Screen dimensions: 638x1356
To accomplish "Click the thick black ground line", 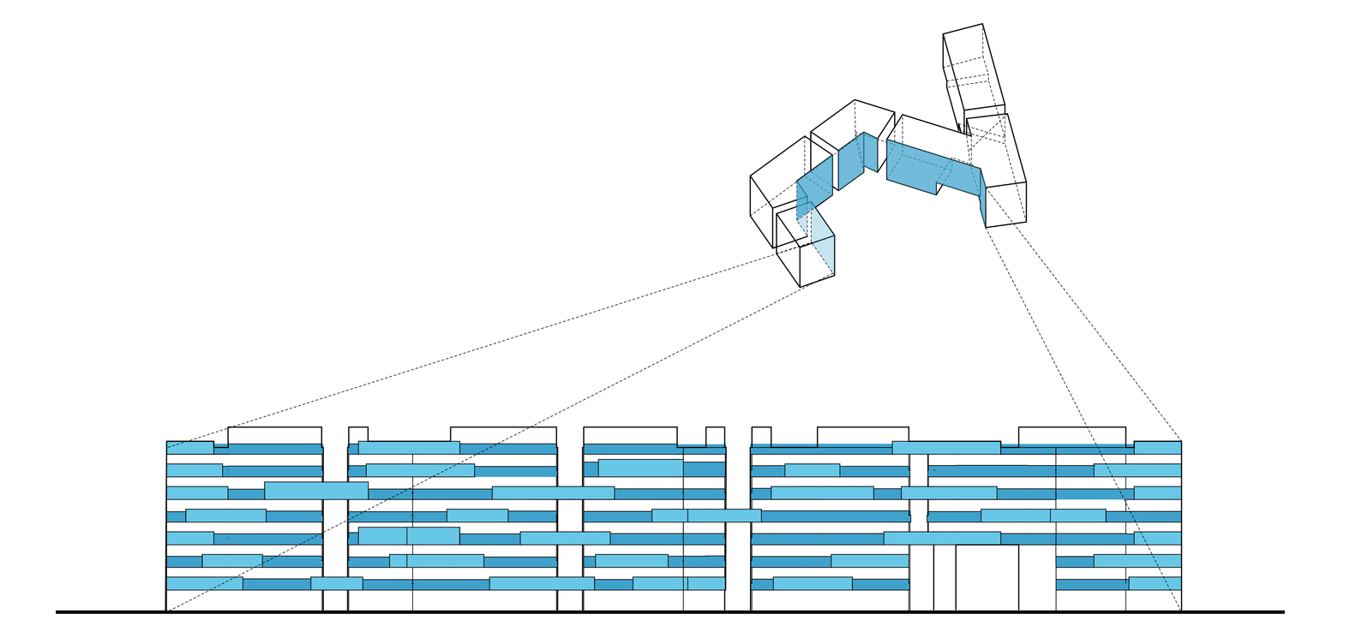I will tap(669, 612).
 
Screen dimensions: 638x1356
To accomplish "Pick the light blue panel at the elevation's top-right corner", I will tap(1157, 447).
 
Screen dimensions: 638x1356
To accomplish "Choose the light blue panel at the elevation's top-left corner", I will tap(189, 447).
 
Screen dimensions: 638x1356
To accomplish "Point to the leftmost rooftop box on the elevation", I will tap(274, 435).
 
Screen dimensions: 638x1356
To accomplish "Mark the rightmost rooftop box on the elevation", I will tap(1071, 435).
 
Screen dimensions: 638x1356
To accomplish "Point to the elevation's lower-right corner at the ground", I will tap(1181, 611).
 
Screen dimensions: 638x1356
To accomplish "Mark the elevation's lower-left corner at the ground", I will tap(166, 611).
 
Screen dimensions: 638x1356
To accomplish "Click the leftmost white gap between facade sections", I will tap(335, 522).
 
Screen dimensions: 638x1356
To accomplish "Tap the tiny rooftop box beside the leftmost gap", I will tap(358, 433).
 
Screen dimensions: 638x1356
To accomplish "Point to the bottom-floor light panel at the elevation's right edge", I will tap(1155, 583).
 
